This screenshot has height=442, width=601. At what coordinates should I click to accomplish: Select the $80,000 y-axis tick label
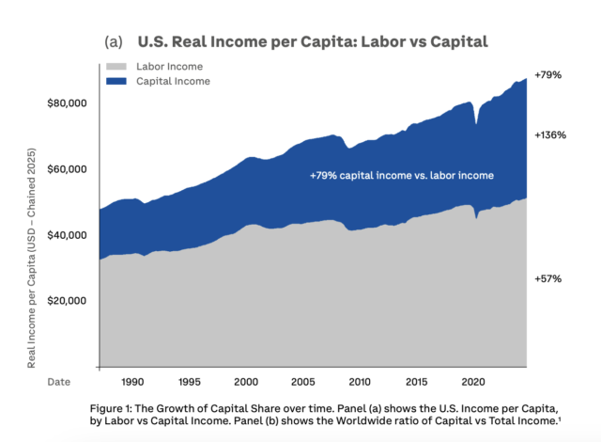(66, 103)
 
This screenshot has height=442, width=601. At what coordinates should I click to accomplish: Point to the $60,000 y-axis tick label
(66, 169)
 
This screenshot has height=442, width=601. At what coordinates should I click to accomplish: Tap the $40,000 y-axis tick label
(66, 234)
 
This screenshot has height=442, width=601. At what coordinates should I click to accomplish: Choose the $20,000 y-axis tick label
(66, 301)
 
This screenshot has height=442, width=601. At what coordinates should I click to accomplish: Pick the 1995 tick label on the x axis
(189, 383)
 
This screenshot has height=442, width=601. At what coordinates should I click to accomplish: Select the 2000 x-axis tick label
(246, 383)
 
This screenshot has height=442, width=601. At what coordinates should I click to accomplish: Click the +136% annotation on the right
(549, 135)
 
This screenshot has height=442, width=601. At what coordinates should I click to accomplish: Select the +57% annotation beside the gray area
(547, 279)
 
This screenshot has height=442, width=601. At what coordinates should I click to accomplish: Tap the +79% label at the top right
(547, 74)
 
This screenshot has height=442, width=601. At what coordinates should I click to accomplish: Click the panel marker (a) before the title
(115, 42)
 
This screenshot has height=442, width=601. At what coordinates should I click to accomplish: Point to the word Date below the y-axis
(60, 383)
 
